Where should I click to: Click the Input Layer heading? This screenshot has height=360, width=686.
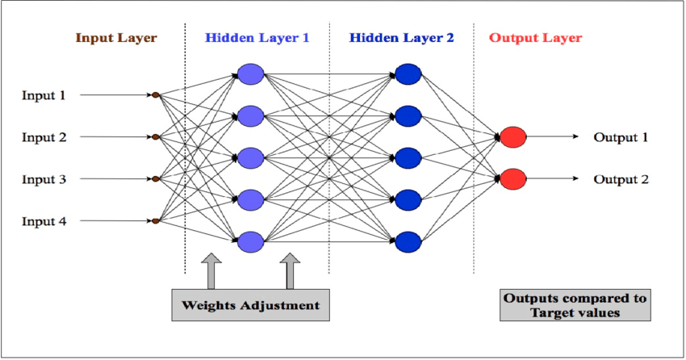click(x=116, y=37)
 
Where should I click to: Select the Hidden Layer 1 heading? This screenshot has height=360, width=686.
click(x=257, y=37)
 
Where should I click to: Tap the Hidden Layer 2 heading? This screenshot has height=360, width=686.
click(x=402, y=37)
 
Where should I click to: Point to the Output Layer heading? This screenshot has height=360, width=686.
click(x=536, y=37)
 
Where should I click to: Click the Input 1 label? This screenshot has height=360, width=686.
click(x=44, y=95)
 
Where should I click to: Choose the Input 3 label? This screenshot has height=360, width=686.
click(x=44, y=179)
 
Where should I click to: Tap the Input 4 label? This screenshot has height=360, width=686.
click(x=44, y=220)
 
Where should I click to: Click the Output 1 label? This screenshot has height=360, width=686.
click(x=621, y=137)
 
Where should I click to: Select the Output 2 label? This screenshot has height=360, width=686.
click(x=621, y=179)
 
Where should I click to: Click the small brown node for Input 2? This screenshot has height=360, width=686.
click(x=156, y=137)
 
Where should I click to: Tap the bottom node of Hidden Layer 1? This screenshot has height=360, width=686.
click(x=251, y=241)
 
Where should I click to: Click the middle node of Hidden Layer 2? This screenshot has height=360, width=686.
click(x=408, y=157)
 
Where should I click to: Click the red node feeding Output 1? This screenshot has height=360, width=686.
click(x=513, y=137)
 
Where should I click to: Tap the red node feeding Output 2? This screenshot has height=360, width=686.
click(x=513, y=178)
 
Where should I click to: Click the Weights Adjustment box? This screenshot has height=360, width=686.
click(x=250, y=306)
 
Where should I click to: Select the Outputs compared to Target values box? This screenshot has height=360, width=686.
click(x=575, y=305)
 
